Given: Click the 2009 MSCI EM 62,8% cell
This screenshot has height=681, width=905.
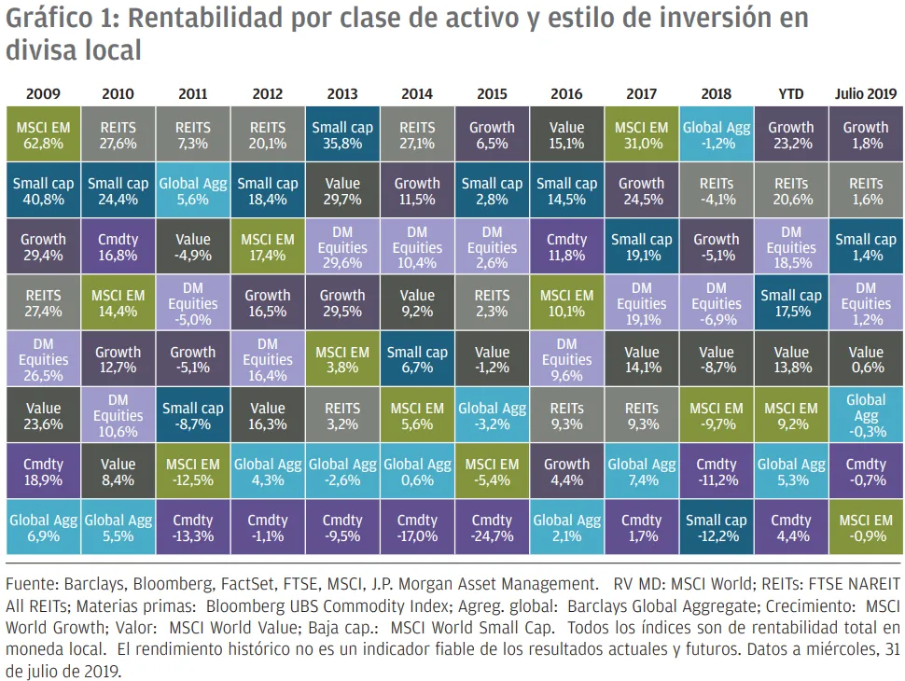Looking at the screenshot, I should (43, 136).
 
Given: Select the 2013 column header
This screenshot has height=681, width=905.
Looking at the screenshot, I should (342, 94).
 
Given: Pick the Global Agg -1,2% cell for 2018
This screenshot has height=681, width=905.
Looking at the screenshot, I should (716, 136).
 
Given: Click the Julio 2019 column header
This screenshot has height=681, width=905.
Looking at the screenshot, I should (865, 94).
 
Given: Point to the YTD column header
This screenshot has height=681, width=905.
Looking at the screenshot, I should (790, 94).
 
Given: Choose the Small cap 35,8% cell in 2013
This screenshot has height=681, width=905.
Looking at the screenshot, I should (342, 136).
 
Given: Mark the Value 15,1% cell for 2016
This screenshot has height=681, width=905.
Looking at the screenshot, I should (566, 136).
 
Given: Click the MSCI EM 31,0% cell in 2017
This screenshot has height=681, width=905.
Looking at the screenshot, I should (641, 136).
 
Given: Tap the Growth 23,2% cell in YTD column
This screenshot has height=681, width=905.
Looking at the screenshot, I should (790, 136).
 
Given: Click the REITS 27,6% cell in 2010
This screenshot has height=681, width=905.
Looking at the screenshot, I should (118, 136).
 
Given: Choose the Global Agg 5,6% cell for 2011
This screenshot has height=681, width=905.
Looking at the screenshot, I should (193, 192).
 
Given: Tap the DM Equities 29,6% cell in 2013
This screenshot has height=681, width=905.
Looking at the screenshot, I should (342, 248).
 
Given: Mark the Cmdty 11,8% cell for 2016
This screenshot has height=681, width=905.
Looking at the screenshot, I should (566, 248).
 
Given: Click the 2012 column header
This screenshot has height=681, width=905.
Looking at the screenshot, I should (268, 94).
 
